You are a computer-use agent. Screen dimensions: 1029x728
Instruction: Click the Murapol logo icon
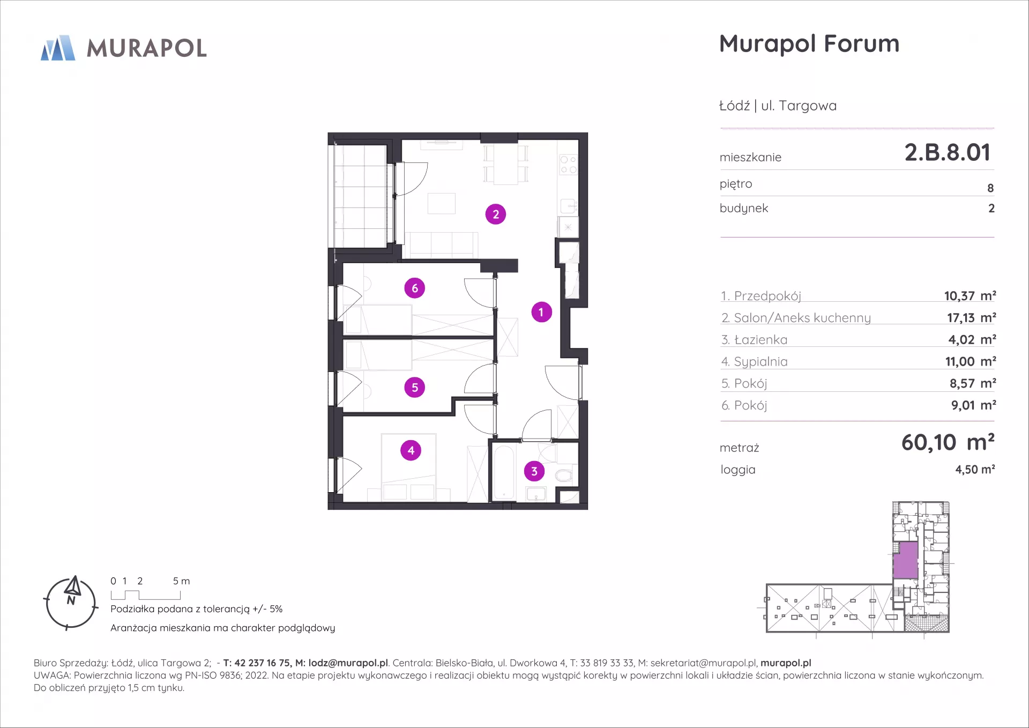click(58, 48)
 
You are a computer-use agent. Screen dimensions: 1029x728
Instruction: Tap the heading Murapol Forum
click(809, 43)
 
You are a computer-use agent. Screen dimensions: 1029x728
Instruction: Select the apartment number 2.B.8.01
click(948, 152)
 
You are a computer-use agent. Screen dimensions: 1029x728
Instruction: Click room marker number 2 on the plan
click(496, 214)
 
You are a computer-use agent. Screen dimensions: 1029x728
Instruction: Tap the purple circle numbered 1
click(541, 312)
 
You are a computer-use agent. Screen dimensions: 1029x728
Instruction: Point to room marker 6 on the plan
click(415, 288)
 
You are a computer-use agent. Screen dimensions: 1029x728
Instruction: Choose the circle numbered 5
click(415, 387)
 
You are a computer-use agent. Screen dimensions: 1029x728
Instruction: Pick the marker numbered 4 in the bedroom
click(411, 450)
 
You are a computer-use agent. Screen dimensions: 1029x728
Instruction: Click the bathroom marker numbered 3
click(534, 471)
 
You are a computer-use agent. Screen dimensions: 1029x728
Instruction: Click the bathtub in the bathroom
click(504, 472)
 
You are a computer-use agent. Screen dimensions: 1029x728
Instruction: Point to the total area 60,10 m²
click(948, 443)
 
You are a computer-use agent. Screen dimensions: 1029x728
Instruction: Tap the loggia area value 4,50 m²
click(975, 469)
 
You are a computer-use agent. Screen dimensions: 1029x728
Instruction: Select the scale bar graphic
click(146, 595)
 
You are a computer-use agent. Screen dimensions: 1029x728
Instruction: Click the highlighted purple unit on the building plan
click(905, 560)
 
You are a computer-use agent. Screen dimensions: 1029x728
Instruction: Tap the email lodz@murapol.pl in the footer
click(348, 663)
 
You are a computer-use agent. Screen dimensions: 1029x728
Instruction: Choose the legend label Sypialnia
click(760, 362)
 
